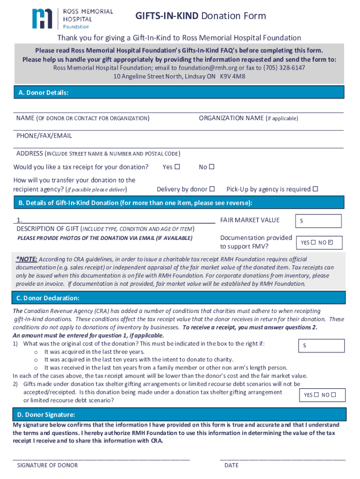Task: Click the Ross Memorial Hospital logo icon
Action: pyautogui.click(x=42, y=19)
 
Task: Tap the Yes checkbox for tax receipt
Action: pyautogui.click(x=177, y=167)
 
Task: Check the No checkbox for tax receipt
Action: pyautogui.click(x=211, y=167)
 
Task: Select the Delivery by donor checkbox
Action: pyautogui.click(x=212, y=189)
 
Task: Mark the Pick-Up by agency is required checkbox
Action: pyautogui.click(x=315, y=189)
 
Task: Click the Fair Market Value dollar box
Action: pyautogui.click(x=318, y=221)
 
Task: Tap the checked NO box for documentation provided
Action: pyautogui.click(x=331, y=243)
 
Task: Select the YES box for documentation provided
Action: pyautogui.click(x=313, y=243)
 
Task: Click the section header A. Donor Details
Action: pyautogui.click(x=43, y=93)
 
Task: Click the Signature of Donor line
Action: pyautogui.click(x=101, y=459)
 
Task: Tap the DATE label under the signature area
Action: pyautogui.click(x=231, y=465)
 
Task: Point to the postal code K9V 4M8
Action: pyautogui.click(x=232, y=76)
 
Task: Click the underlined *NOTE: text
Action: pyautogui.click(x=27, y=259)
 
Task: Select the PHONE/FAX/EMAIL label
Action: pyautogui.click(x=44, y=136)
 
